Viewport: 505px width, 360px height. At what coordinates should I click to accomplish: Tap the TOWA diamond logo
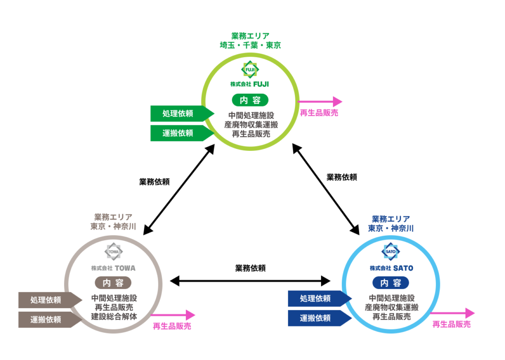113,252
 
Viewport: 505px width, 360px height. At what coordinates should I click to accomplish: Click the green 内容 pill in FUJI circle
250,100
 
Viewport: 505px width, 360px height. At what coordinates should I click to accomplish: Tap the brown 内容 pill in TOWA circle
113,283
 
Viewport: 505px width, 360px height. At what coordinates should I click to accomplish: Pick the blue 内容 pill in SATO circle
391,283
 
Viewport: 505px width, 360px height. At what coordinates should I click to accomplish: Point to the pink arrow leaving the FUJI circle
320,102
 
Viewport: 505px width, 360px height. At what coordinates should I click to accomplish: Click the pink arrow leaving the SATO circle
452,313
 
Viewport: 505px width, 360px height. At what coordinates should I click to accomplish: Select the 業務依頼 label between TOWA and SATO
251,268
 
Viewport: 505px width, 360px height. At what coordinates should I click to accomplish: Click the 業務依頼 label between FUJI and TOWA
154,181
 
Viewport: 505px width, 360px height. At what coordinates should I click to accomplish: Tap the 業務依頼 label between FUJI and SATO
342,177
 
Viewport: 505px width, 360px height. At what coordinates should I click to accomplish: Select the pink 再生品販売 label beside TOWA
172,326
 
